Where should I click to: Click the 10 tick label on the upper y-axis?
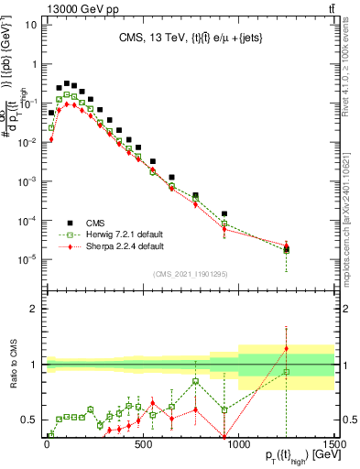click(x=29, y=25)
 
